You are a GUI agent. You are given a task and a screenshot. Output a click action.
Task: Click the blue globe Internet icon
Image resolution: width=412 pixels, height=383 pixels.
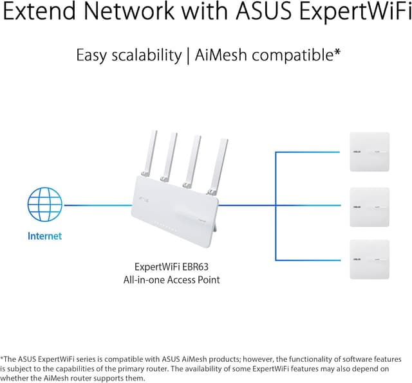click(x=44, y=205)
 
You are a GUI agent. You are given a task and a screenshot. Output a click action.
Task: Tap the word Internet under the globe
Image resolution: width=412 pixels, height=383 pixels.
click(x=44, y=236)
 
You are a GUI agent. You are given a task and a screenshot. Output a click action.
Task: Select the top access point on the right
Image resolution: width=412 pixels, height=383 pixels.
click(x=370, y=152)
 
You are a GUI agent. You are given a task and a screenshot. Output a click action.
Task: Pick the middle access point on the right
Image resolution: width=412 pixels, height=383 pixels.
click(x=370, y=207)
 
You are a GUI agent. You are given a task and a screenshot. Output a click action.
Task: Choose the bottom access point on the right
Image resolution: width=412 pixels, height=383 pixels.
click(x=370, y=260)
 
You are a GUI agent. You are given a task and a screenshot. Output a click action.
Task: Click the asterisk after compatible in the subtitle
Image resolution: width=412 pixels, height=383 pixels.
click(x=337, y=52)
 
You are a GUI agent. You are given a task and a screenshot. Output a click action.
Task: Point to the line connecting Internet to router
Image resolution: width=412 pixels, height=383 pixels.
click(x=97, y=206)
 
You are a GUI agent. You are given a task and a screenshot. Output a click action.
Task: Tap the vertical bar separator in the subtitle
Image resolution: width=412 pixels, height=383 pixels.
click(x=187, y=56)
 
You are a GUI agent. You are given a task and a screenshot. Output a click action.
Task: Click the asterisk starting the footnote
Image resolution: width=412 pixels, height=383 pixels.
click(x=3, y=357)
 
